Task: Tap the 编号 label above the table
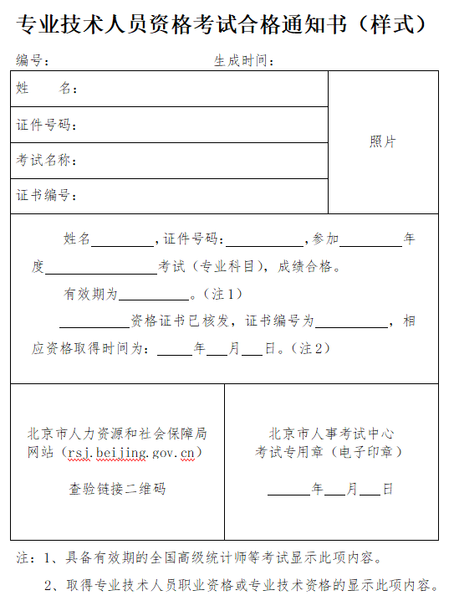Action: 33,60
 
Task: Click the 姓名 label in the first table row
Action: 46,89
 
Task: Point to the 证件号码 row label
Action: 47,125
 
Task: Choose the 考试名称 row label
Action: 47,160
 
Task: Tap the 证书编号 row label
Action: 47,196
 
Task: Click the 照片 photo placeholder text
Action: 383,141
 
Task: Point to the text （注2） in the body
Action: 311,347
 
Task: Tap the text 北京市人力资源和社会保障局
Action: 117,434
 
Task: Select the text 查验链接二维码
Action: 117,488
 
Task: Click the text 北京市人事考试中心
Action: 332,434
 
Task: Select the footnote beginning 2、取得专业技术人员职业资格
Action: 242,586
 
